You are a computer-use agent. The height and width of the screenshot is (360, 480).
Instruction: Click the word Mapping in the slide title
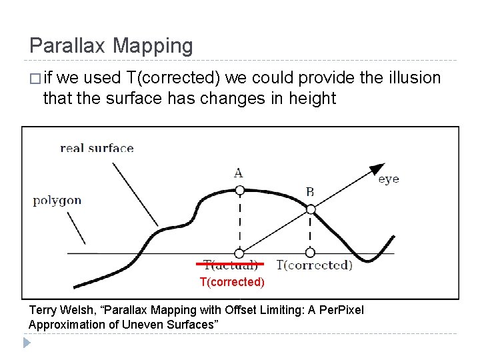153,46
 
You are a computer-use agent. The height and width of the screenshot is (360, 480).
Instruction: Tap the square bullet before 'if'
34,79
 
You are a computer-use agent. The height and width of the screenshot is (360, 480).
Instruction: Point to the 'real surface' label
97,147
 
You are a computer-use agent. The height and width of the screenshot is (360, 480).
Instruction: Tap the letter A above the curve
238,173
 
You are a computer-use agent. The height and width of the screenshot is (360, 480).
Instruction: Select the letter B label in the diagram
310,192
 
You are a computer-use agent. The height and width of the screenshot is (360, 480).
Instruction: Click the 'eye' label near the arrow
389,179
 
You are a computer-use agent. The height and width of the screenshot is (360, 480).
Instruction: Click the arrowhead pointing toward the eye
378,168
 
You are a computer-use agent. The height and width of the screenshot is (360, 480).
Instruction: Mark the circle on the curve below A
239,191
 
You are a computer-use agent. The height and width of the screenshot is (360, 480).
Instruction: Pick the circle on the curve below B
310,209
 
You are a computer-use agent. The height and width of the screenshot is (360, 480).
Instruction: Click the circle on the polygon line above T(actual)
239,253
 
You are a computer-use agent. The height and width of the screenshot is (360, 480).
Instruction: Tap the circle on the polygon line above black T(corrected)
310,253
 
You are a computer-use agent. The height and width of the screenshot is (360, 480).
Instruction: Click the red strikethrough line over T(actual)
230,264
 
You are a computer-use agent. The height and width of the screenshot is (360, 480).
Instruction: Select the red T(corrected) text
232,282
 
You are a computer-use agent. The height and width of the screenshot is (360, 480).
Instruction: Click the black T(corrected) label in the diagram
313,265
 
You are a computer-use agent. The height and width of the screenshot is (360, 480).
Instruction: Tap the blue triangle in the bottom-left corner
27,343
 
